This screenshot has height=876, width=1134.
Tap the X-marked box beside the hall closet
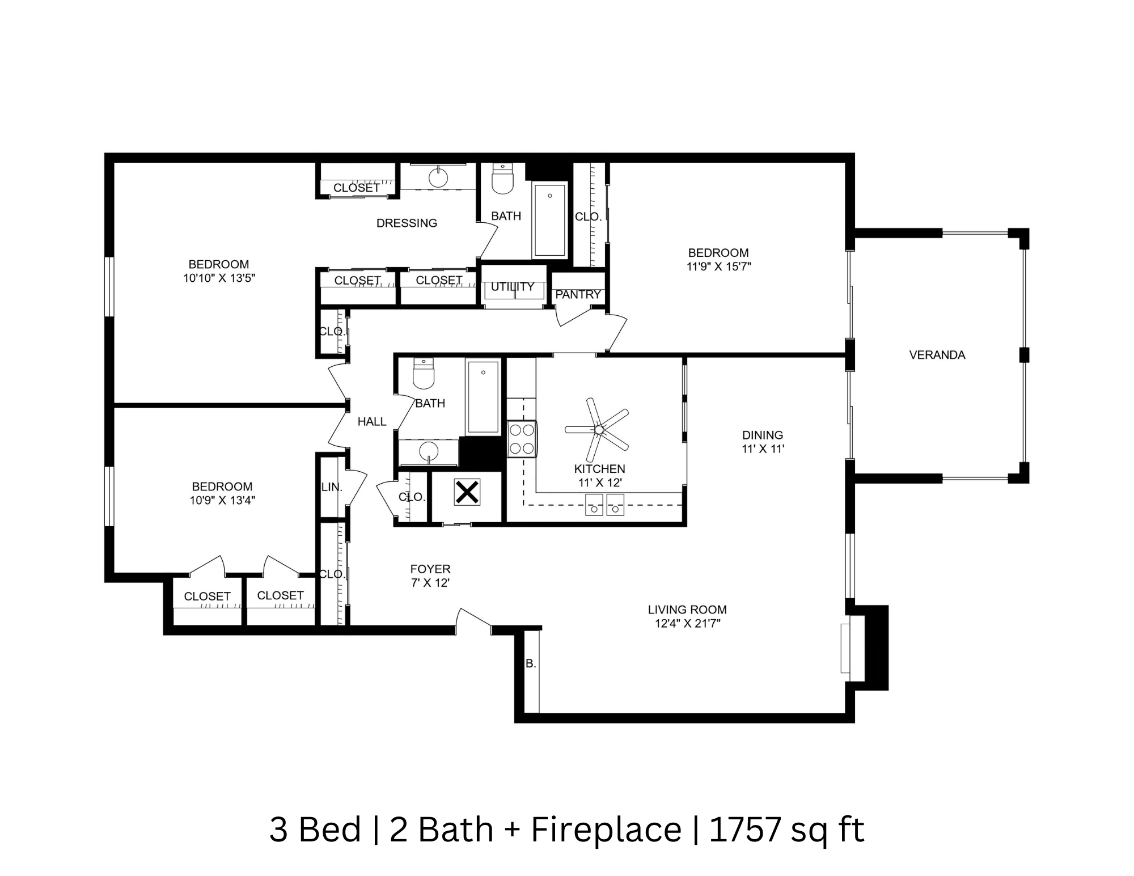pyautogui.click(x=467, y=492)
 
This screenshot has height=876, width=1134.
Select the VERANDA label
pyautogui.click(x=937, y=355)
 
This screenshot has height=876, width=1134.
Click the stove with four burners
pyautogui.click(x=522, y=439)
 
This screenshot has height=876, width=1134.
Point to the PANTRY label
pyautogui.click(x=577, y=294)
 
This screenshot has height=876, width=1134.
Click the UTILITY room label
pyautogui.click(x=513, y=287)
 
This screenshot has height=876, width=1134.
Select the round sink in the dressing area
pyautogui.click(x=438, y=177)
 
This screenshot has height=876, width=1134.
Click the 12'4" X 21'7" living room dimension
pyautogui.click(x=687, y=624)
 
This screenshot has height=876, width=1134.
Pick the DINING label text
pyautogui.click(x=762, y=435)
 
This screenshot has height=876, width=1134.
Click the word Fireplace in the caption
pyautogui.click(x=606, y=830)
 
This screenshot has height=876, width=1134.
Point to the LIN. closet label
pyautogui.click(x=332, y=486)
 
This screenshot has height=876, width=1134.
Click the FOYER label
pyautogui.click(x=430, y=569)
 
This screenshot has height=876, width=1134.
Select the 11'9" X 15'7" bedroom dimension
pyautogui.click(x=718, y=266)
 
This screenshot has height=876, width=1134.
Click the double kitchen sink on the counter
pyautogui.click(x=604, y=504)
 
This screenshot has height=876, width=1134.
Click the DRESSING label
pyautogui.click(x=407, y=223)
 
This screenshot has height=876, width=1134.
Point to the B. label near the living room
pyautogui.click(x=531, y=663)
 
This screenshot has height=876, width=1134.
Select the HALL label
pyautogui.click(x=372, y=421)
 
